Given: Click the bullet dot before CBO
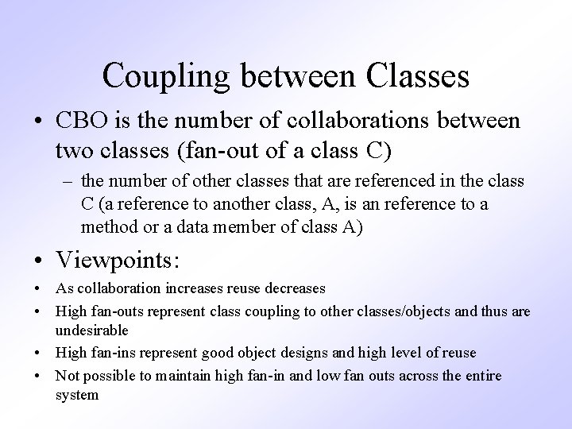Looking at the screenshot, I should pos(37,122).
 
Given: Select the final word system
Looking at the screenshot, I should pos(77,394).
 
